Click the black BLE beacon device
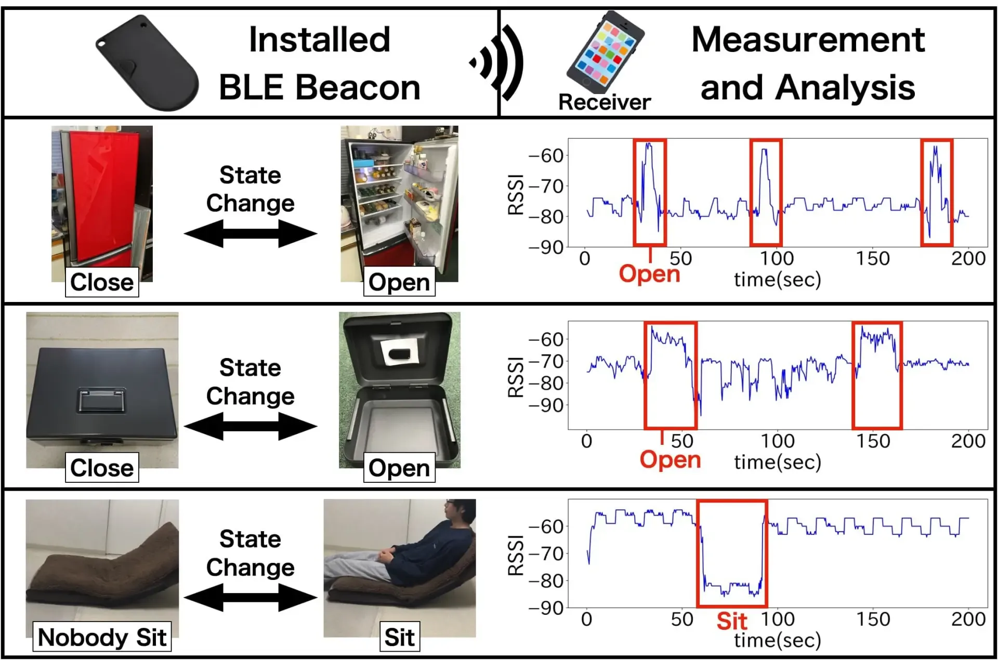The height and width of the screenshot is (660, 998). (148, 65)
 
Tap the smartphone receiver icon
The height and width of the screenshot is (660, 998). (606, 52)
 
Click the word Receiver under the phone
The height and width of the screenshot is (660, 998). (604, 102)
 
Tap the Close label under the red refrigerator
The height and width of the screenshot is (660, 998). (102, 282)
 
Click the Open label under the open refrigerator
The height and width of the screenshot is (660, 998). (399, 282)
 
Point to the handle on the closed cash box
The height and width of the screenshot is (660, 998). (102, 400)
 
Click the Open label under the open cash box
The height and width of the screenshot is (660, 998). (399, 468)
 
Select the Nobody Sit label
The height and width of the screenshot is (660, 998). (102, 637)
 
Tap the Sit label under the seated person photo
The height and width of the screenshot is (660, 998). (399, 637)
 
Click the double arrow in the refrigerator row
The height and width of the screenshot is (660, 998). (251, 233)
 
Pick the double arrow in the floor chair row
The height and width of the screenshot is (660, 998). (251, 597)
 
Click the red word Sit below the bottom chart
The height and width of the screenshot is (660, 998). (732, 621)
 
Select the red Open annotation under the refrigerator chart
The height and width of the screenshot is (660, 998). (649, 274)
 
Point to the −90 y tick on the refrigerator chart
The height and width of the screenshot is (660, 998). (546, 247)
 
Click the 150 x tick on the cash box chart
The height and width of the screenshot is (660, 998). (873, 441)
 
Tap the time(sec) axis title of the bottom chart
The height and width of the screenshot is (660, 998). (778, 640)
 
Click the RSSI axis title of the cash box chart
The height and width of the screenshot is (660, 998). (515, 377)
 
